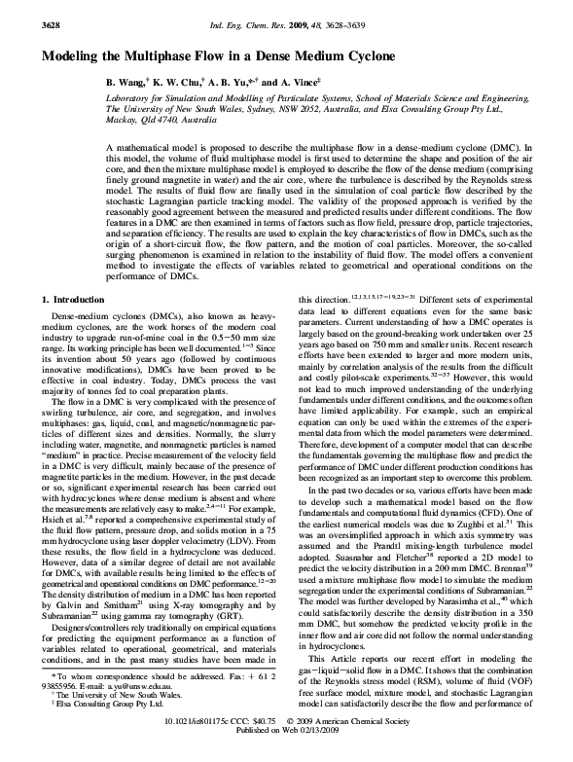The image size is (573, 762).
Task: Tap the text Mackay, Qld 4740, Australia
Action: pyautogui.click(x=162, y=121)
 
